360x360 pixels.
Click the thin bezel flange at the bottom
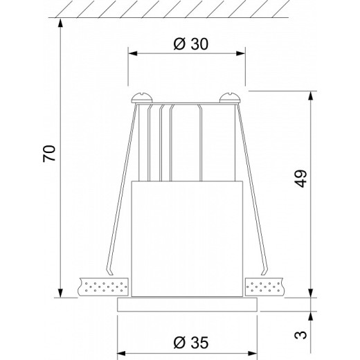click(187, 305)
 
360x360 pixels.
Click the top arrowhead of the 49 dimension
click(309, 94)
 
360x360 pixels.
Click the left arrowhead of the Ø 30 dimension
click(132, 53)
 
